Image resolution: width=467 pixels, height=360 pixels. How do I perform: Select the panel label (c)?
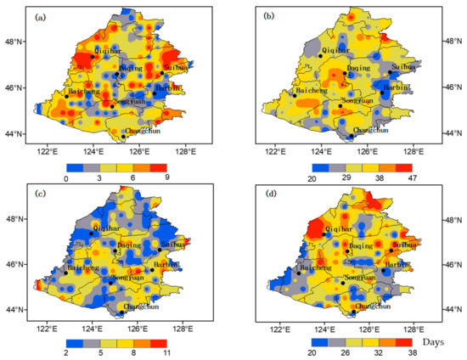tap(41, 191)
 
